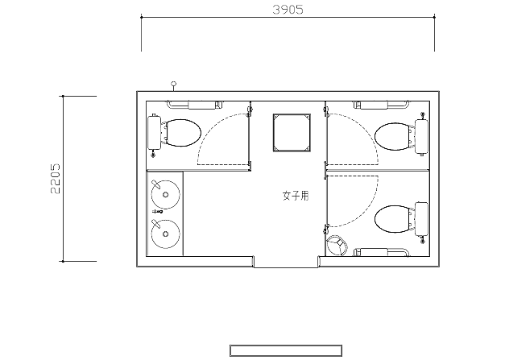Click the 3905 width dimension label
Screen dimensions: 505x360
tap(288, 10)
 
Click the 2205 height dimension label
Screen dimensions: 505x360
tap(56, 179)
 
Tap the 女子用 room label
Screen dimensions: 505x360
tap(296, 196)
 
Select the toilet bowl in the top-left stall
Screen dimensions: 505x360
tap(183, 133)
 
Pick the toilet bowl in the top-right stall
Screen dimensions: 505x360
tap(392, 136)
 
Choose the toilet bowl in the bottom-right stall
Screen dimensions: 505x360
tap(392, 219)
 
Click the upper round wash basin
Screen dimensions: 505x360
tap(166, 194)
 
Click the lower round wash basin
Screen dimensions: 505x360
tap(166, 234)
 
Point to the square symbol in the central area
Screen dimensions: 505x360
tap(292, 132)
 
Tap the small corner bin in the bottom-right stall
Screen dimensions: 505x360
tap(337, 245)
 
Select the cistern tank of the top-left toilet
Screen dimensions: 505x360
tap(155, 133)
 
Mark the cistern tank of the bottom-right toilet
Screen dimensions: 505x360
tap(421, 219)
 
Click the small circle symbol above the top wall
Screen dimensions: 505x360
tap(174, 84)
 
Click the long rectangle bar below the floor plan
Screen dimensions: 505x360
tap(286, 350)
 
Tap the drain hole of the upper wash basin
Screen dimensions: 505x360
tap(166, 194)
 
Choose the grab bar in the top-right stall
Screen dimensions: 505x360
tap(382, 105)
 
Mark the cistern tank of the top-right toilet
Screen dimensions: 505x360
tap(421, 136)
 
